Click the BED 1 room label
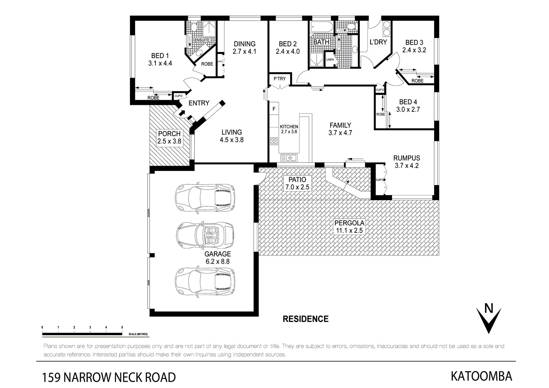(160, 59)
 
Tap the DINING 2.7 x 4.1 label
(244, 47)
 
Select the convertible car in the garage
(205, 235)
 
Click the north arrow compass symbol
(488, 318)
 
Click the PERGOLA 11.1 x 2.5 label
(349, 227)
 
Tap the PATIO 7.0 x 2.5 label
(297, 183)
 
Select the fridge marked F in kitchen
(274, 108)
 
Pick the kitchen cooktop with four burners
(274, 141)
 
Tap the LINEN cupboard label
(330, 60)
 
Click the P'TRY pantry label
(280, 79)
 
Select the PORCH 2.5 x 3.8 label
(169, 138)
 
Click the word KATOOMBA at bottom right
(481, 376)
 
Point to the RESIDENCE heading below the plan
(306, 319)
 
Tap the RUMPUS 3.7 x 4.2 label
(406, 162)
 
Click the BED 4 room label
(408, 106)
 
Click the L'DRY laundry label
(378, 42)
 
